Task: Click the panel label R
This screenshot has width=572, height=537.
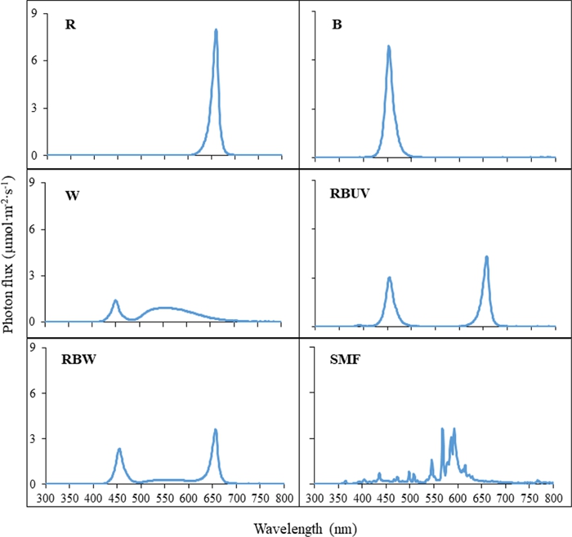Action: [70, 24]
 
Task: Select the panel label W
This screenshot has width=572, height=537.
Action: [72, 196]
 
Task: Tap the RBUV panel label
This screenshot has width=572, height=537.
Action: [351, 195]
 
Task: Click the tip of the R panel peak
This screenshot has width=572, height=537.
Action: [216, 30]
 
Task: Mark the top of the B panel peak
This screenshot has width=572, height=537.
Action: [388, 47]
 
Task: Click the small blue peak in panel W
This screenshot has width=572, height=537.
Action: [115, 301]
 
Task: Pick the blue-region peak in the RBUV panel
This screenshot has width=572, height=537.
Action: [389, 277]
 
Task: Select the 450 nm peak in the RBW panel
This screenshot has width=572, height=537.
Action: [119, 449]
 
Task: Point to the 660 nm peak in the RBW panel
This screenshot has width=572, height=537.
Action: [215, 429]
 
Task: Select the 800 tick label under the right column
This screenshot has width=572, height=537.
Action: [553, 496]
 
